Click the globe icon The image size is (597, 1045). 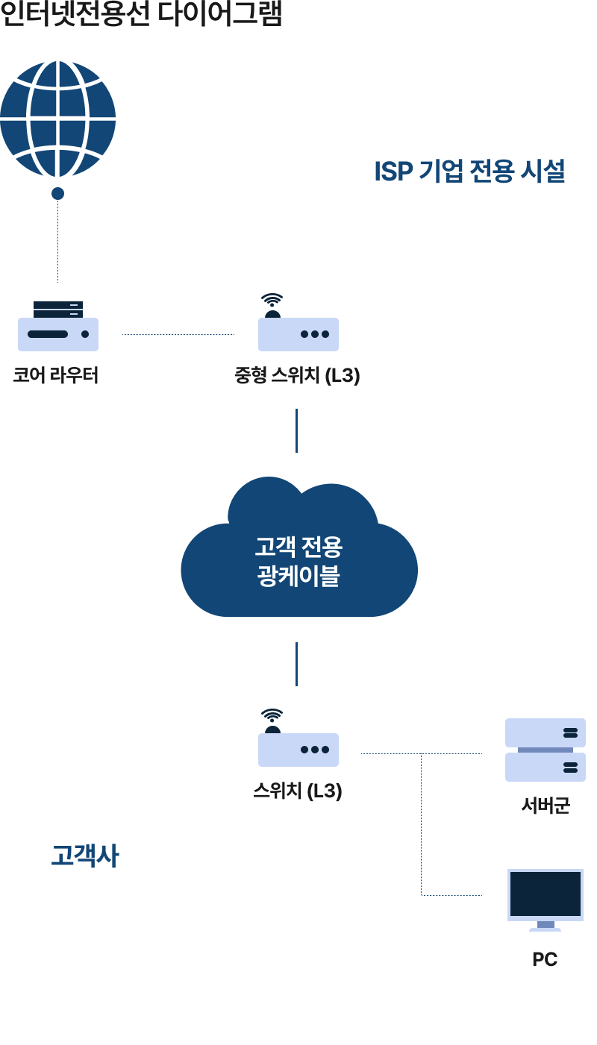(57, 119)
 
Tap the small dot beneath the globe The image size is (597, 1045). (57, 194)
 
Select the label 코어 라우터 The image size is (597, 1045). (56, 375)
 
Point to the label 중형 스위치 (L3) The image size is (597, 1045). (297, 375)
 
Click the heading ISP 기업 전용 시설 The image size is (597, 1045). (469, 172)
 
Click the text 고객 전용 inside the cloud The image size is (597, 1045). (298, 547)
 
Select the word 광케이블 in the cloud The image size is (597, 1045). (298, 576)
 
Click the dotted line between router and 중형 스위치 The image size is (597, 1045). (178, 334)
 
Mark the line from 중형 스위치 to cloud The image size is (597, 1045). (296, 430)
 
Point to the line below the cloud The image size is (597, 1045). (296, 664)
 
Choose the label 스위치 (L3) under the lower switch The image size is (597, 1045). (297, 791)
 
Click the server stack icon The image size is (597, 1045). (545, 750)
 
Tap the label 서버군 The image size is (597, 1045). (545, 806)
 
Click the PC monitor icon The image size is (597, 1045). (545, 897)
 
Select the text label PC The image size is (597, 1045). (545, 959)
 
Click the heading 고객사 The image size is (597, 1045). (84, 856)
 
